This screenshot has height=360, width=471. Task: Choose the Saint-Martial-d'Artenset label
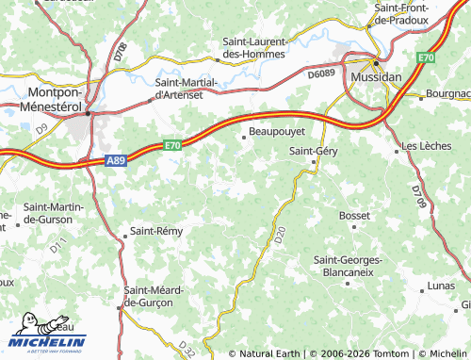pos(186,89)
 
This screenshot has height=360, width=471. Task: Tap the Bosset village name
pos(354,216)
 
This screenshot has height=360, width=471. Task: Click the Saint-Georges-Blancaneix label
pos(351,265)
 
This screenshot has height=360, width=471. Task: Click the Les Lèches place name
pos(426,147)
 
